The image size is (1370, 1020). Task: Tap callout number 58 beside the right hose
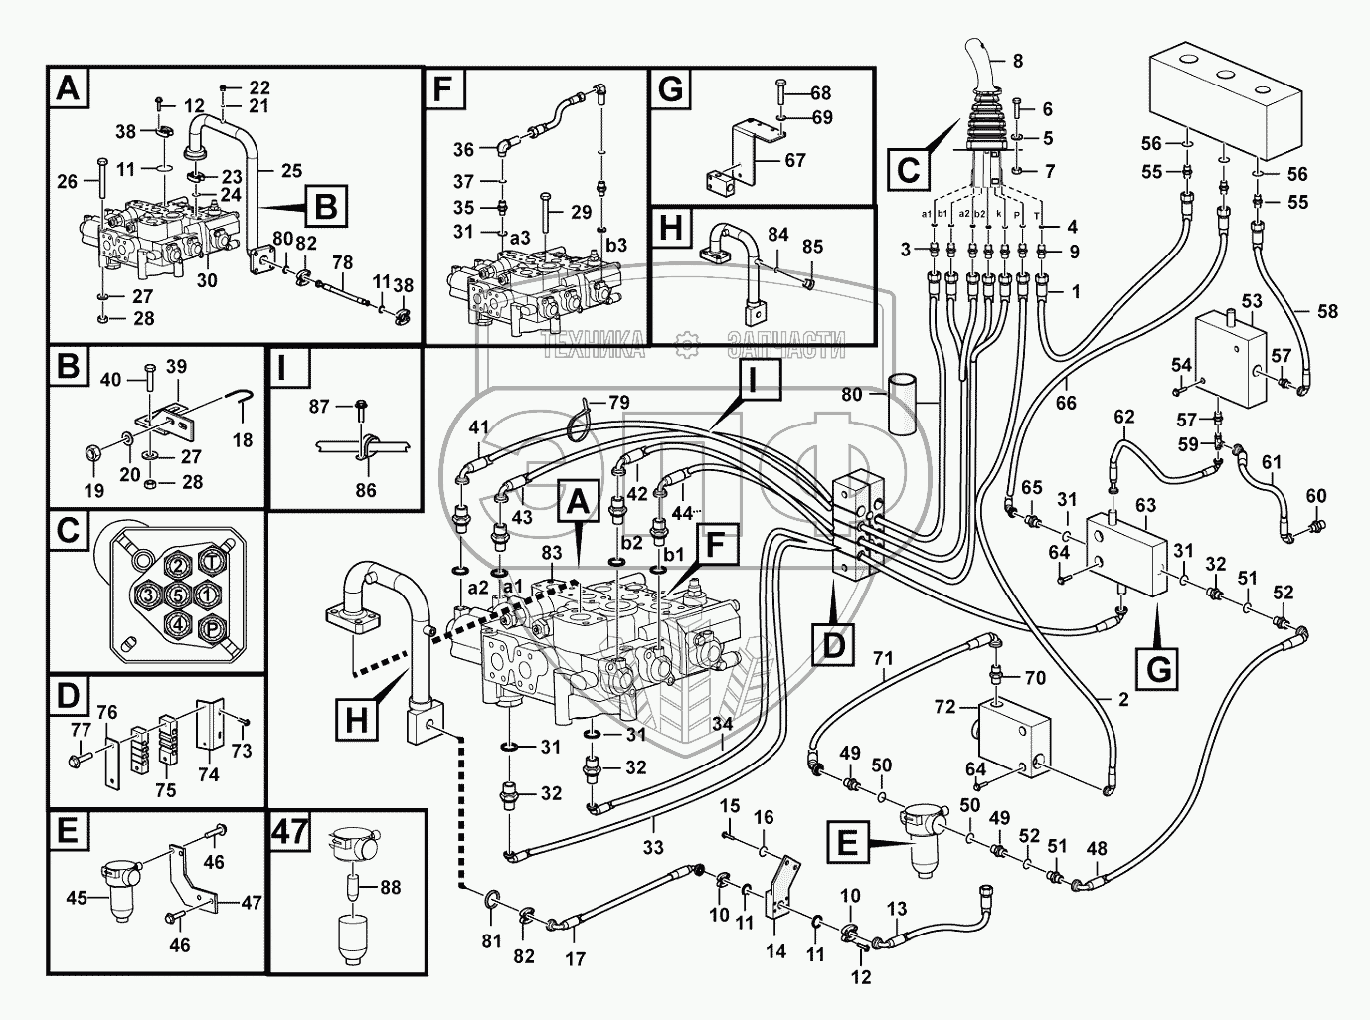pos(1326,312)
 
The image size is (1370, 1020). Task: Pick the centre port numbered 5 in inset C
pos(176,595)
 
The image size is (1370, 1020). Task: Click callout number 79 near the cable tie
pos(618,403)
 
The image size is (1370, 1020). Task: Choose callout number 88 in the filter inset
pos(391,888)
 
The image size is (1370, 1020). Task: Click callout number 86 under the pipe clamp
pos(366,489)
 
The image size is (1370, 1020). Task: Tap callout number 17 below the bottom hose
pos(575,960)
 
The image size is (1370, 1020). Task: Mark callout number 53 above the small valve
pos(1251,300)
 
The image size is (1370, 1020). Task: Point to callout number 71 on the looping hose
pos(883,658)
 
